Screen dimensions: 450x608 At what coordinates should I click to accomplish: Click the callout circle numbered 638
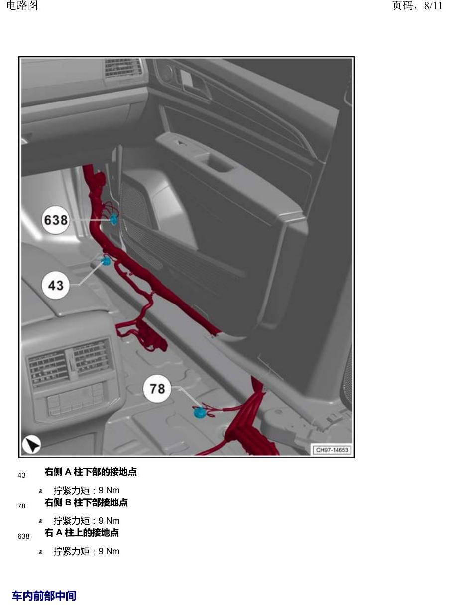coord(55,220)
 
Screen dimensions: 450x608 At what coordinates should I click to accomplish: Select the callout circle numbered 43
coord(55,285)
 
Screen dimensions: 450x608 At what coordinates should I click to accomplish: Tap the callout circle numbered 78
coord(157,389)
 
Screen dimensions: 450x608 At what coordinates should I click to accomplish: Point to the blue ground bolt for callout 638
coord(113,219)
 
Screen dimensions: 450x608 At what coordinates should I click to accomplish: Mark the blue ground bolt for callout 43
coord(106,260)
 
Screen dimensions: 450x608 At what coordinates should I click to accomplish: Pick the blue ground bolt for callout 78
coord(199,412)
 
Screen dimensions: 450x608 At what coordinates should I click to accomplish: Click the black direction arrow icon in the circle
coord(31,444)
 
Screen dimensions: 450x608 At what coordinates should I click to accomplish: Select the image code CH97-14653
coord(332,450)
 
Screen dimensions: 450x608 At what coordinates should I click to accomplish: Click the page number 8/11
coord(433,6)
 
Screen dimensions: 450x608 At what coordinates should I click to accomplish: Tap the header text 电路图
coord(22,5)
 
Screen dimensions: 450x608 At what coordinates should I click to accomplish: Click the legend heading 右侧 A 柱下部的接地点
coord(91,472)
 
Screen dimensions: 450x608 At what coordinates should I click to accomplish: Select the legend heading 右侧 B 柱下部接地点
coord(86,502)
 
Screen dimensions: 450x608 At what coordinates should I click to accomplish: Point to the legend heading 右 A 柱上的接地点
coord(82,532)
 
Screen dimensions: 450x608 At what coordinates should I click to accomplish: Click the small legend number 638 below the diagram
coord(23,536)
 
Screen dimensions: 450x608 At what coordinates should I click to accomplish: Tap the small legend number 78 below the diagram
coord(21,506)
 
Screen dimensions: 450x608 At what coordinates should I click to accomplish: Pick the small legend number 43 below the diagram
coord(21,475)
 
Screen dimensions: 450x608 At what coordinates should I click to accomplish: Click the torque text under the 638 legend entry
coord(87,551)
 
